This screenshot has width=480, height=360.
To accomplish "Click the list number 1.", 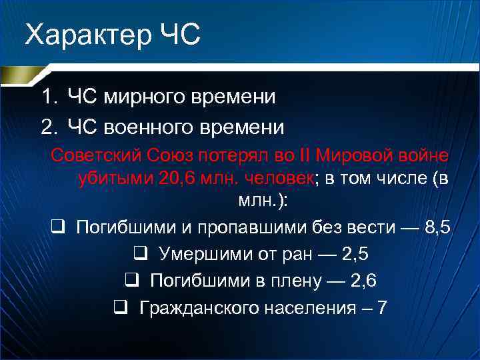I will coord(47,97).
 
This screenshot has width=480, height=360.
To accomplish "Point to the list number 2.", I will coord(47,127).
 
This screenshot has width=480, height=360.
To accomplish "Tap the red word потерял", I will coord(231,155).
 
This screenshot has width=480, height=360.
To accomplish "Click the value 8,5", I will coord(437,227).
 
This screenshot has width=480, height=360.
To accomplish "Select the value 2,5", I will coord(355,254).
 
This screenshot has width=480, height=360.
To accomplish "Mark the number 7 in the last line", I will coord(381,307).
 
